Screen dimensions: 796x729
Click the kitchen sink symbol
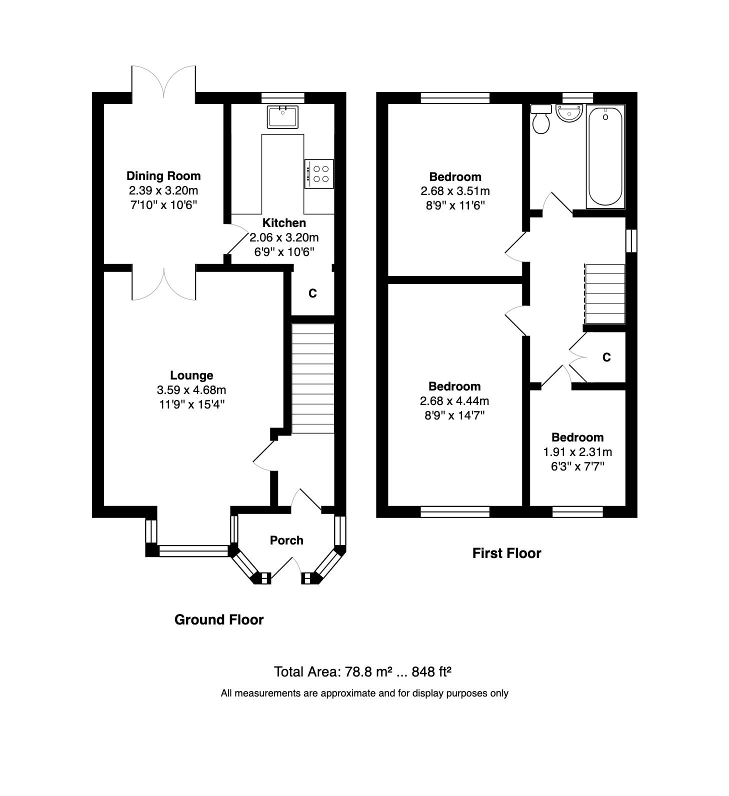[282, 116]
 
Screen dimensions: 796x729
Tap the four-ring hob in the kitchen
[319, 173]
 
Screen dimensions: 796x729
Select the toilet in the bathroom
[540, 119]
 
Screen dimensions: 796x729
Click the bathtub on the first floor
[605, 156]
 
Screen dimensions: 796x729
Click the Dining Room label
[163, 175]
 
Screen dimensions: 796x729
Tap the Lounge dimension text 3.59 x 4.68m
[191, 390]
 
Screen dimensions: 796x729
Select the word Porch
[286, 540]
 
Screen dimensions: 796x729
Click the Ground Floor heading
[219, 620]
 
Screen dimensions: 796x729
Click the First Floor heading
[506, 553]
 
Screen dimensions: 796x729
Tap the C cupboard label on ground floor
[312, 293]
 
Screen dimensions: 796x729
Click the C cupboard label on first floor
[606, 357]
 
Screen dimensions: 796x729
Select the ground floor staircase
[312, 378]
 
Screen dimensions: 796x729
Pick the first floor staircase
[605, 294]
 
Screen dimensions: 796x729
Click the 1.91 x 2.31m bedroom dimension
[577, 452]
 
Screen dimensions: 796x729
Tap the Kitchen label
[284, 223]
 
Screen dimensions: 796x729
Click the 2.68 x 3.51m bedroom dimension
[455, 191]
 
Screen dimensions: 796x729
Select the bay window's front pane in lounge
[193, 551]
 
